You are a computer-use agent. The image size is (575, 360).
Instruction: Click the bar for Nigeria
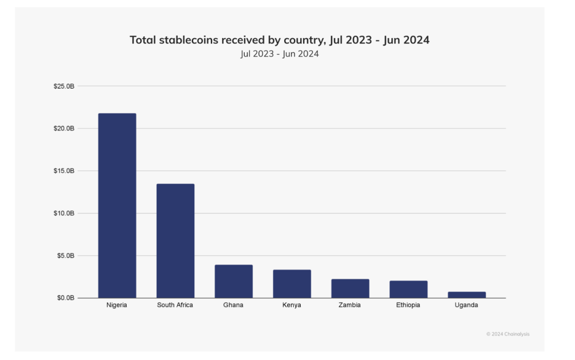click(x=117, y=206)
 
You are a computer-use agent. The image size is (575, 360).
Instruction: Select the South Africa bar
click(x=175, y=241)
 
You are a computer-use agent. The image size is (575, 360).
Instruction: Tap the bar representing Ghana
click(x=234, y=281)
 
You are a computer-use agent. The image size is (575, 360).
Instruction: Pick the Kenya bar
click(x=292, y=284)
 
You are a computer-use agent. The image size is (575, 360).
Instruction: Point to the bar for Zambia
click(x=350, y=289)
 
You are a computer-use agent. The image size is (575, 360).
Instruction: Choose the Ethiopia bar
click(x=408, y=289)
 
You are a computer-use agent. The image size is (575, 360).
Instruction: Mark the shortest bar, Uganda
click(x=467, y=295)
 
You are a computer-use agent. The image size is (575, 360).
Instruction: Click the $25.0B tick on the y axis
click(x=64, y=86)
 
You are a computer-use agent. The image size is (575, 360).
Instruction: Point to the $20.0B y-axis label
click(x=64, y=129)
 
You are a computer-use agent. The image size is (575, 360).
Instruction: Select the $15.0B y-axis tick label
click(x=64, y=171)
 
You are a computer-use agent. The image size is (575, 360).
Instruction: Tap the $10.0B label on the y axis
click(x=64, y=213)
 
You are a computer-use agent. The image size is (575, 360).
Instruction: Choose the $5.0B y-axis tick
click(x=65, y=255)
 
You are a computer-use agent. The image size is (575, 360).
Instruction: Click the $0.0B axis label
click(x=65, y=298)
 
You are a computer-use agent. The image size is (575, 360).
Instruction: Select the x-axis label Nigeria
click(x=117, y=305)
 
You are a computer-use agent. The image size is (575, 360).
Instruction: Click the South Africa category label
click(x=175, y=305)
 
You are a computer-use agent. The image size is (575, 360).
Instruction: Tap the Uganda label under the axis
click(x=467, y=305)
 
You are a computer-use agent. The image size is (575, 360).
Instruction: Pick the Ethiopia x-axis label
click(x=408, y=305)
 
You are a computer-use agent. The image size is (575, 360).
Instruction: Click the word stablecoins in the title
click(x=192, y=40)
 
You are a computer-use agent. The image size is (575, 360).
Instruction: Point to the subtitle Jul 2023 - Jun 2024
click(x=280, y=54)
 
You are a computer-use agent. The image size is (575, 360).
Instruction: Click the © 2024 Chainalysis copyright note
click(x=507, y=334)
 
